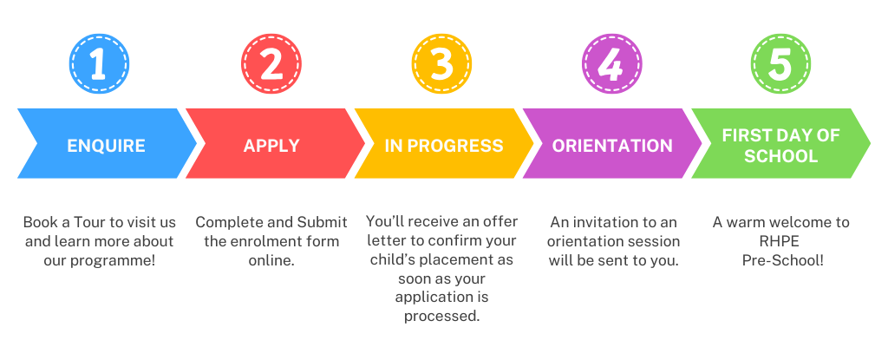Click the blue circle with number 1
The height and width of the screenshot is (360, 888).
[97, 62]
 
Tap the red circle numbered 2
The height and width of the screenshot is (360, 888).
[271, 62]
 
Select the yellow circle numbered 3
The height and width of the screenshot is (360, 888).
[441, 62]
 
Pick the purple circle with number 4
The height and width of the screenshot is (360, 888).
[612, 62]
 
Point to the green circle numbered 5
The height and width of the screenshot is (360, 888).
[780, 62]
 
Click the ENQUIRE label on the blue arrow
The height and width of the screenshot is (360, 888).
[106, 145]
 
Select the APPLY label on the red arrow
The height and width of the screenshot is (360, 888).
[271, 145]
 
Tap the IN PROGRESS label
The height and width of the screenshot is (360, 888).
[444, 145]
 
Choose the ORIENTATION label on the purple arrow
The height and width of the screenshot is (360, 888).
[612, 145]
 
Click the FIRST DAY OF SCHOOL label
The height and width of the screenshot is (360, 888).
[780, 145]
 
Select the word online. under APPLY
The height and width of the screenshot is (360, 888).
[271, 259]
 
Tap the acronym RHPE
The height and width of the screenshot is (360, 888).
[780, 241]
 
